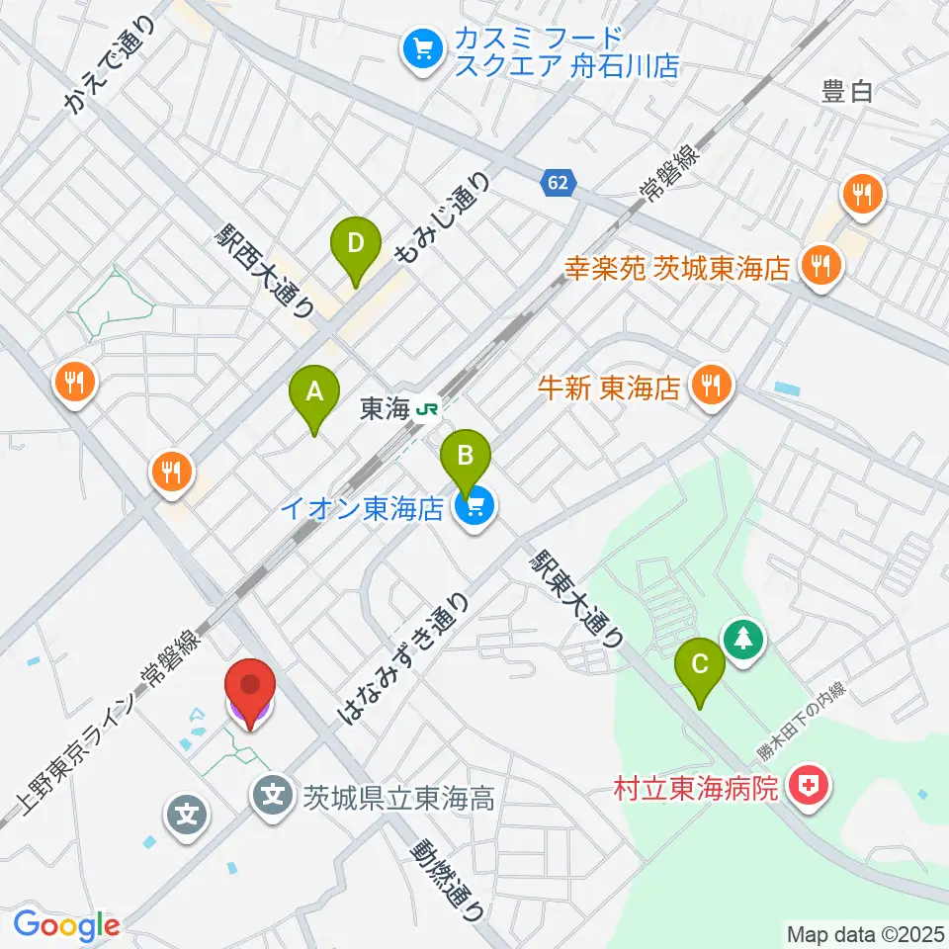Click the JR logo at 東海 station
pyautogui.click(x=427, y=407)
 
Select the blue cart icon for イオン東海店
pyautogui.click(x=475, y=508)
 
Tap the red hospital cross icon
pyautogui.click(x=810, y=787)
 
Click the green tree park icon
pyautogui.click(x=743, y=639)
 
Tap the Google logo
pyautogui.click(x=66, y=926)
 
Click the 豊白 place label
pyautogui.click(x=847, y=93)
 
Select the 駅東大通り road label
pyautogui.click(x=576, y=598)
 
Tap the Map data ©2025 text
pyautogui.click(x=864, y=932)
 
